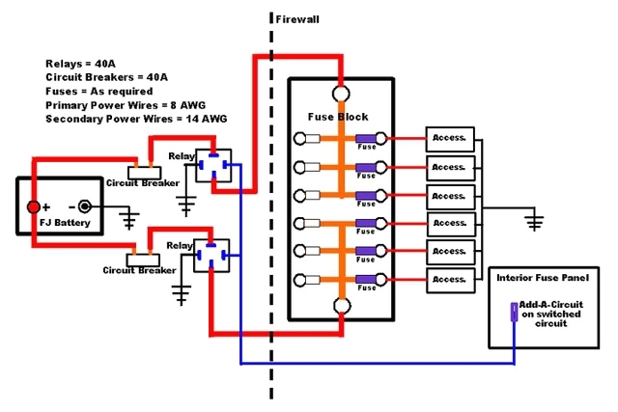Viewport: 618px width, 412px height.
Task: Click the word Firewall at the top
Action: (x=298, y=18)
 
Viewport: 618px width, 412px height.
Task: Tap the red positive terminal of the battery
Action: (x=33, y=206)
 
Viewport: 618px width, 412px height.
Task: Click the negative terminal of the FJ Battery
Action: (x=85, y=206)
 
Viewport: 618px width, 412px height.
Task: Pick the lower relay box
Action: (x=211, y=256)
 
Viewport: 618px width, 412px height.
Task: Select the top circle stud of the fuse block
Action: (x=340, y=95)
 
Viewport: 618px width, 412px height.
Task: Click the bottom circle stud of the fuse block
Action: (x=340, y=307)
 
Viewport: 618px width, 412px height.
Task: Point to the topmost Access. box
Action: (x=450, y=140)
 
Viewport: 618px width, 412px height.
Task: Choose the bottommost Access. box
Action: (x=450, y=280)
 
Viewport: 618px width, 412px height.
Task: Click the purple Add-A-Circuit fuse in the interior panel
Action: (x=512, y=311)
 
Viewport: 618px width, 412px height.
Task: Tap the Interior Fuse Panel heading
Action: (x=542, y=278)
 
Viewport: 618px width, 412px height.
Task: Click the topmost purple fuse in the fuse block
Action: (x=365, y=139)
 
